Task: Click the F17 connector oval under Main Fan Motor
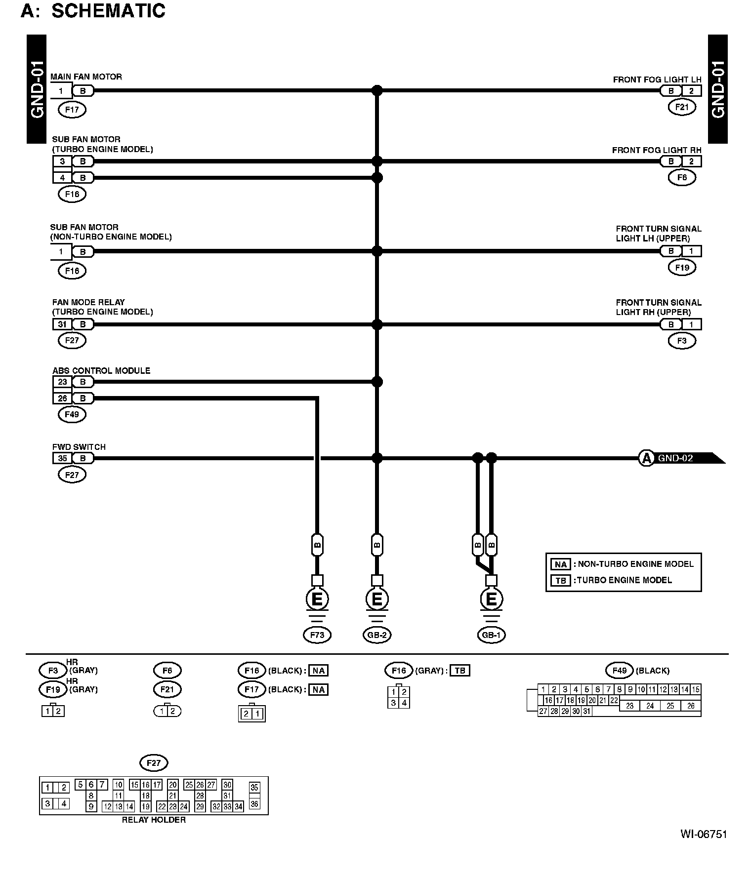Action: point(72,110)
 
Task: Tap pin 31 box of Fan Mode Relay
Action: point(62,324)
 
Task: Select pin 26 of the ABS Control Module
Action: point(62,398)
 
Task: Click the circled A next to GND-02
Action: point(646,458)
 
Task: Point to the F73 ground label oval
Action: point(317,635)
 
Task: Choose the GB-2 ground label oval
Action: point(376,635)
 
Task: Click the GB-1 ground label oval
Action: point(491,635)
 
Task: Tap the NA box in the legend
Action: point(560,564)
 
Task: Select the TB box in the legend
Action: point(560,581)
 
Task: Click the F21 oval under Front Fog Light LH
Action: point(682,107)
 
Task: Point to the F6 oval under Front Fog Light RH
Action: point(682,177)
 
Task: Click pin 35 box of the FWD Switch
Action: point(62,458)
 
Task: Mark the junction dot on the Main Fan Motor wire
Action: point(377,90)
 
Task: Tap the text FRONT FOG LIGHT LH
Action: point(657,80)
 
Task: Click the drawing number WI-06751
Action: point(704,834)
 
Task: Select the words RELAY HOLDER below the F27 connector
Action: point(154,820)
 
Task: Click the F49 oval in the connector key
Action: point(619,671)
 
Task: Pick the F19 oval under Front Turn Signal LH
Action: point(682,268)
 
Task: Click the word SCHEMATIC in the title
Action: point(108,11)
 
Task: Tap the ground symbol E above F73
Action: point(317,599)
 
